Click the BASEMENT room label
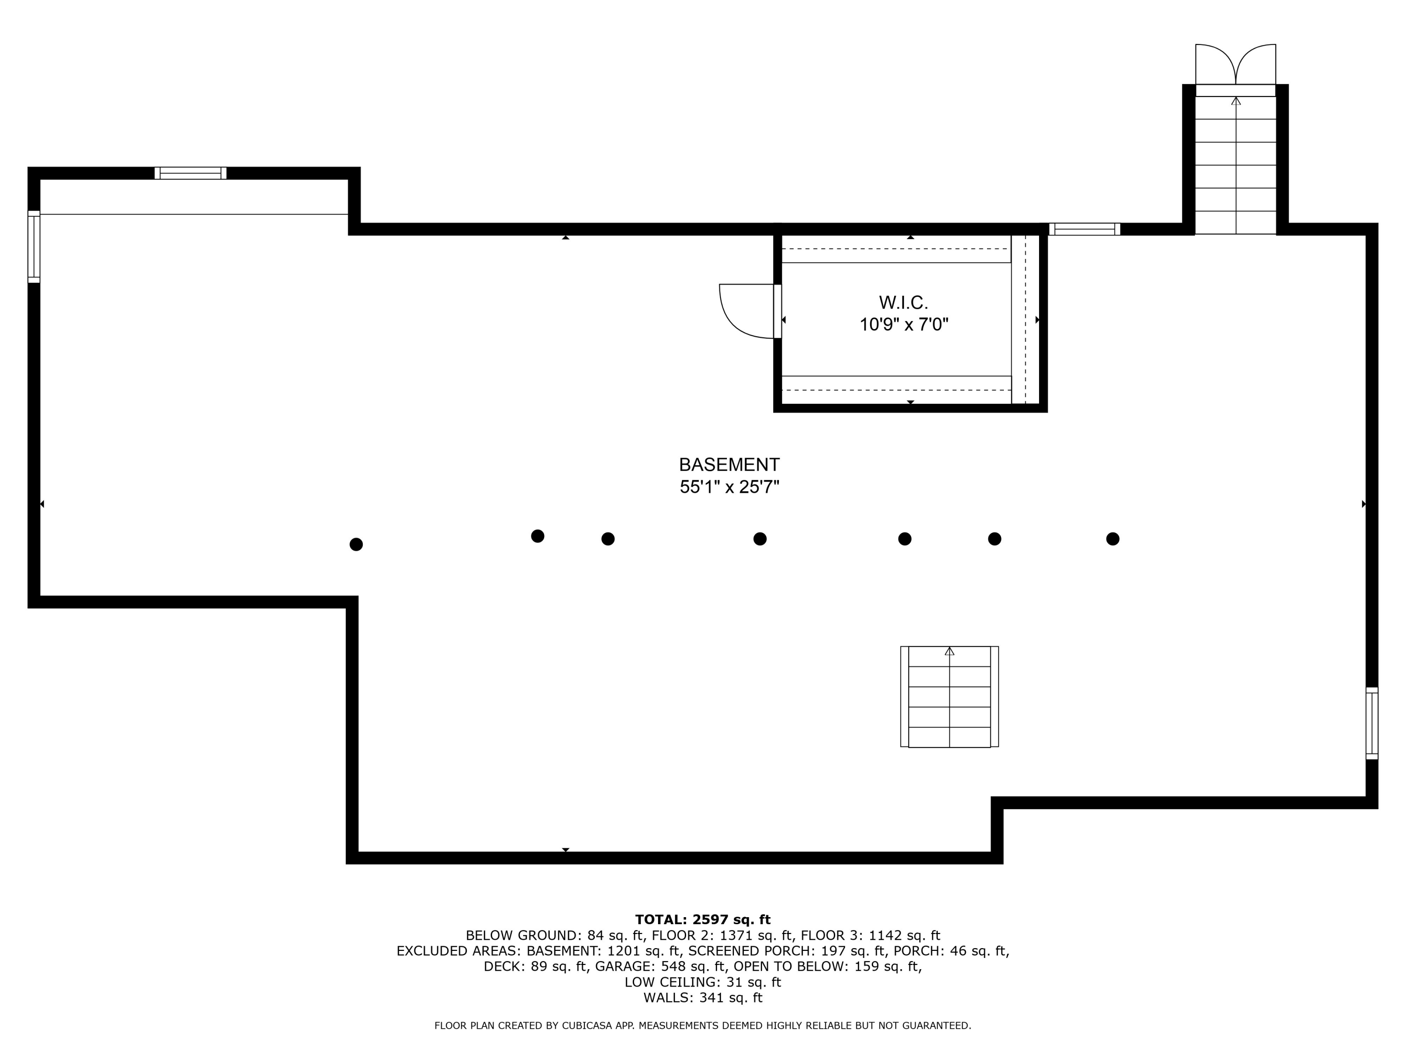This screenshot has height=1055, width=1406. tap(729, 464)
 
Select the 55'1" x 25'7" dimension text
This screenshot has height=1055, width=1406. tap(729, 487)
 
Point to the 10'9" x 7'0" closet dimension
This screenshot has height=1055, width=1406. tap(903, 325)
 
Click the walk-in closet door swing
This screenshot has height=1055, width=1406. tap(745, 311)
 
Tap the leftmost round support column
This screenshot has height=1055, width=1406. tap(356, 544)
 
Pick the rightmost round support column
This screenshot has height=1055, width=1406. tap(1112, 539)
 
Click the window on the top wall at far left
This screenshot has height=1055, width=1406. tap(190, 173)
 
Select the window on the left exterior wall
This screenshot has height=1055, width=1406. tap(34, 247)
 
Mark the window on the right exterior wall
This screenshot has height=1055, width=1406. tap(1372, 723)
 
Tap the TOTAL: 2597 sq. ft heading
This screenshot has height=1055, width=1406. tap(703, 919)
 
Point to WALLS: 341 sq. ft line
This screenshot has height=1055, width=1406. tap(703, 998)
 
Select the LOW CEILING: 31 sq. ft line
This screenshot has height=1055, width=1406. tap(703, 982)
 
